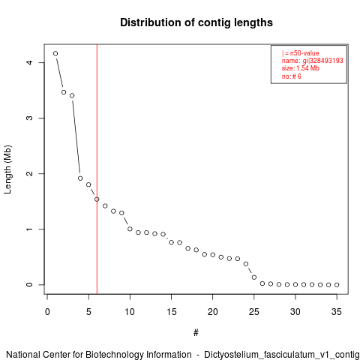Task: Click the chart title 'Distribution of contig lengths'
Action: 196,22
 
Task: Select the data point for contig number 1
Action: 55,53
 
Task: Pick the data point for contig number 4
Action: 80,178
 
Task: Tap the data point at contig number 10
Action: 130,229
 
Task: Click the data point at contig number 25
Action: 254,277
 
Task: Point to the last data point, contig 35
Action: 337,285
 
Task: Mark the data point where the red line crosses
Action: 97,199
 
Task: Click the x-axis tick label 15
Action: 171,312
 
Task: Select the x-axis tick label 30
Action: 295,312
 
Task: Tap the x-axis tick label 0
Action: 47,312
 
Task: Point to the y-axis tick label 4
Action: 29,62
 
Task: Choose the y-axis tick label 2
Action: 29,173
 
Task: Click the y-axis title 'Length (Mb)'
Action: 8,169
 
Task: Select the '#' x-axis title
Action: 196,333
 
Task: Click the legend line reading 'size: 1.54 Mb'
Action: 301,68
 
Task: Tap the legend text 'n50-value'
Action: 304,53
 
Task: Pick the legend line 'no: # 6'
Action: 292,76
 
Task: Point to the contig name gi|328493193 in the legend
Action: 323,61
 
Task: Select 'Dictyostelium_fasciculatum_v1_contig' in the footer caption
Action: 282,355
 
